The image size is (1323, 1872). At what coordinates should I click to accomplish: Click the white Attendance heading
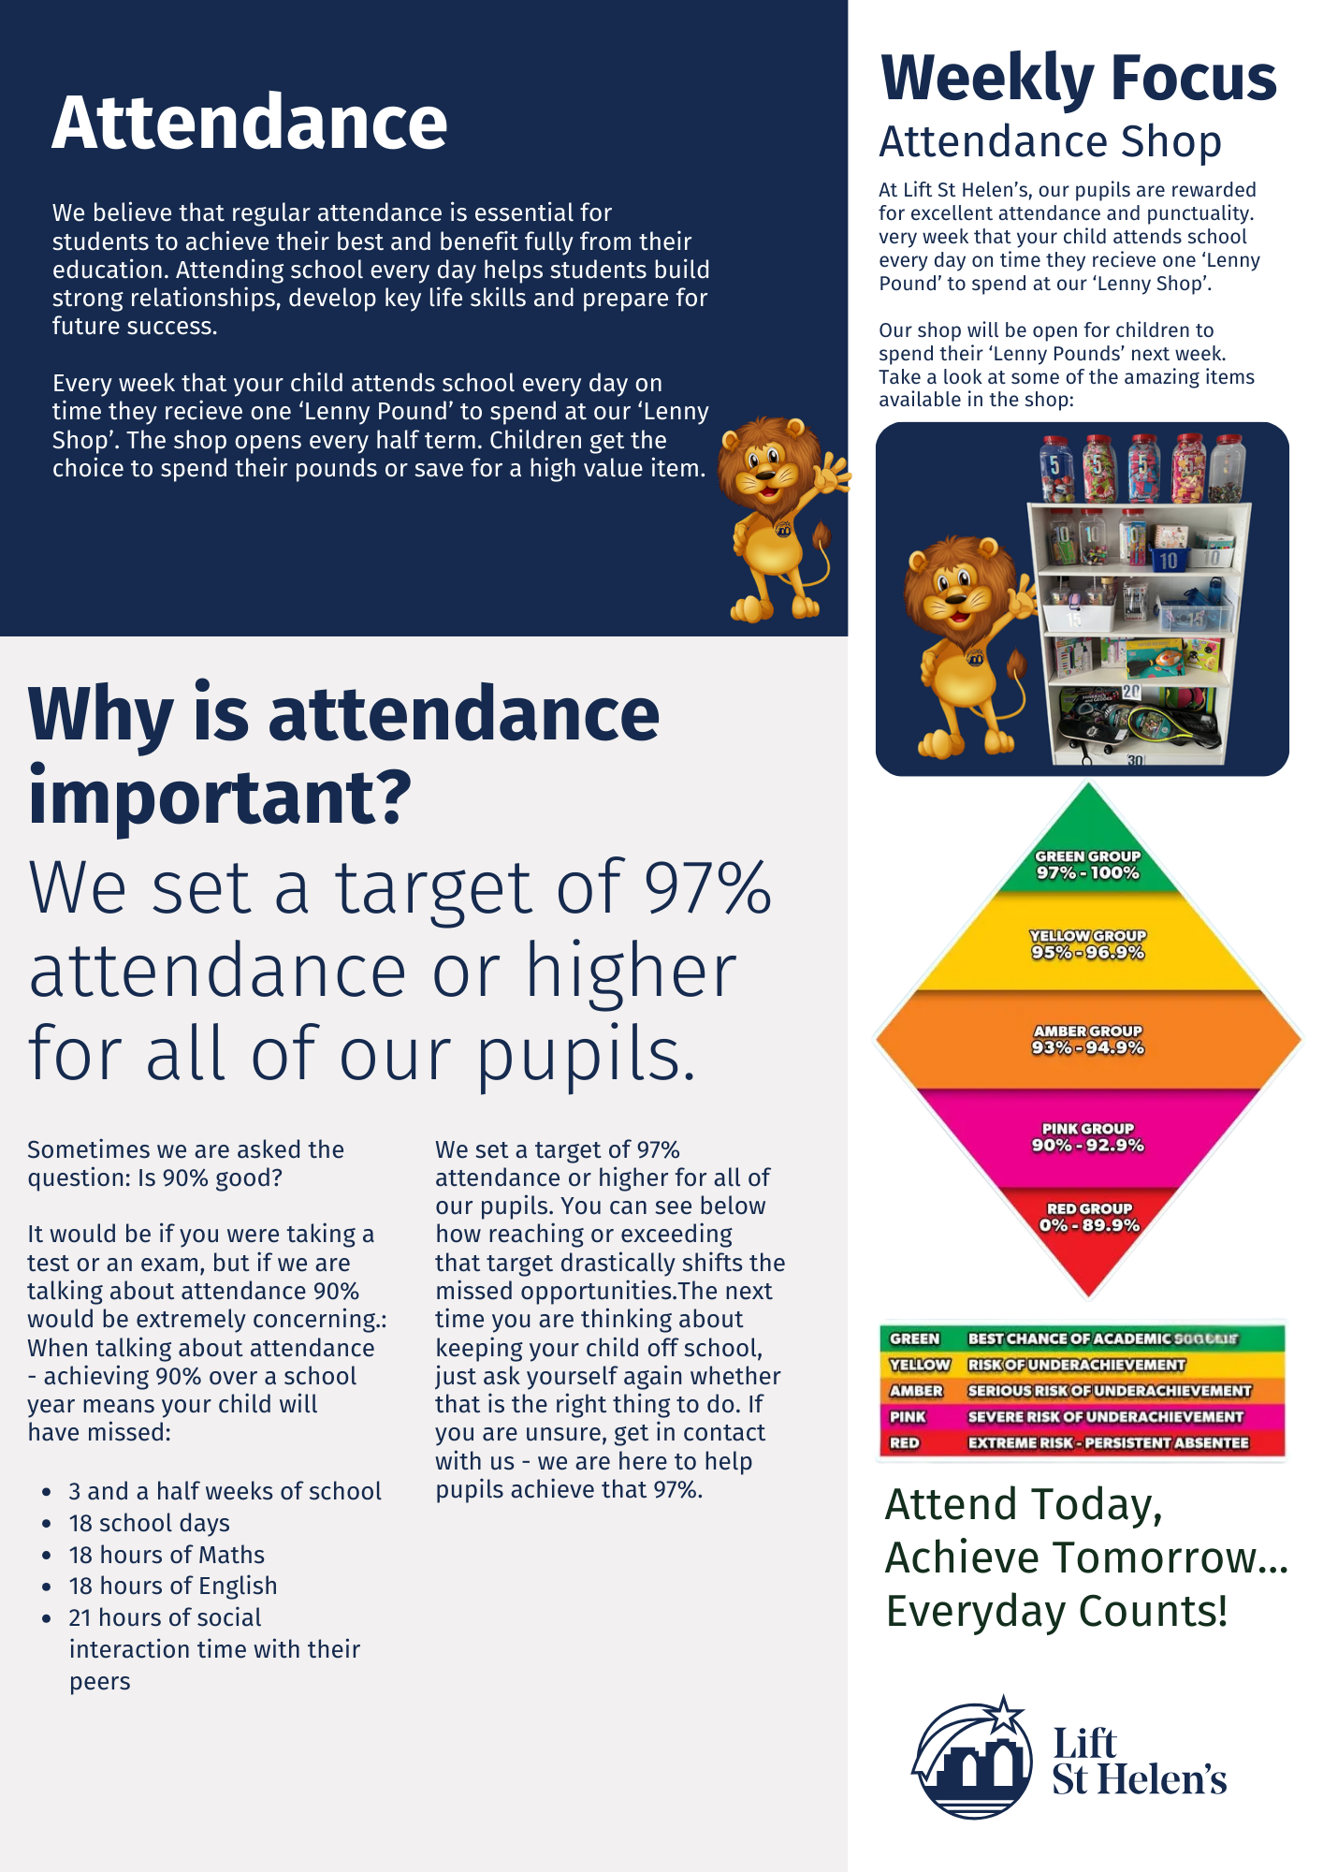point(250,123)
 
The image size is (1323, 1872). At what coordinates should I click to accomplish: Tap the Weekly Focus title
point(1078,79)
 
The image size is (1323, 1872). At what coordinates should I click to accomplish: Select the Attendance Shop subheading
point(1050,142)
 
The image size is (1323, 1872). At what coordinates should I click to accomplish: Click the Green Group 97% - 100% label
point(1087,865)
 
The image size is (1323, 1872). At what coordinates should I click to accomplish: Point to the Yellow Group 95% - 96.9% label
point(1087,944)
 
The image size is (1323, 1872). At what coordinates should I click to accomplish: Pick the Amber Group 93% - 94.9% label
point(1087,1040)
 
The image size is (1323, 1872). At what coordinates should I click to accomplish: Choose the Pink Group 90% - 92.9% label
point(1087,1137)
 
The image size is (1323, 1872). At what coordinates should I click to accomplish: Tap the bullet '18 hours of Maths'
point(167,1555)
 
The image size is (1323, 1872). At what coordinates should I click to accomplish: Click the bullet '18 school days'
point(150,1523)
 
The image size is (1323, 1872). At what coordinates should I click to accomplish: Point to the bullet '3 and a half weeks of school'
point(225,1491)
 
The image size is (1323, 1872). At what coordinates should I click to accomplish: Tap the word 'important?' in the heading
point(220,797)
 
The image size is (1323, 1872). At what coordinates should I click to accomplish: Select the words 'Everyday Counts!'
point(1056,1612)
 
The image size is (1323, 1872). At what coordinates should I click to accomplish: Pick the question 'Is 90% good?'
point(210,1177)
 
